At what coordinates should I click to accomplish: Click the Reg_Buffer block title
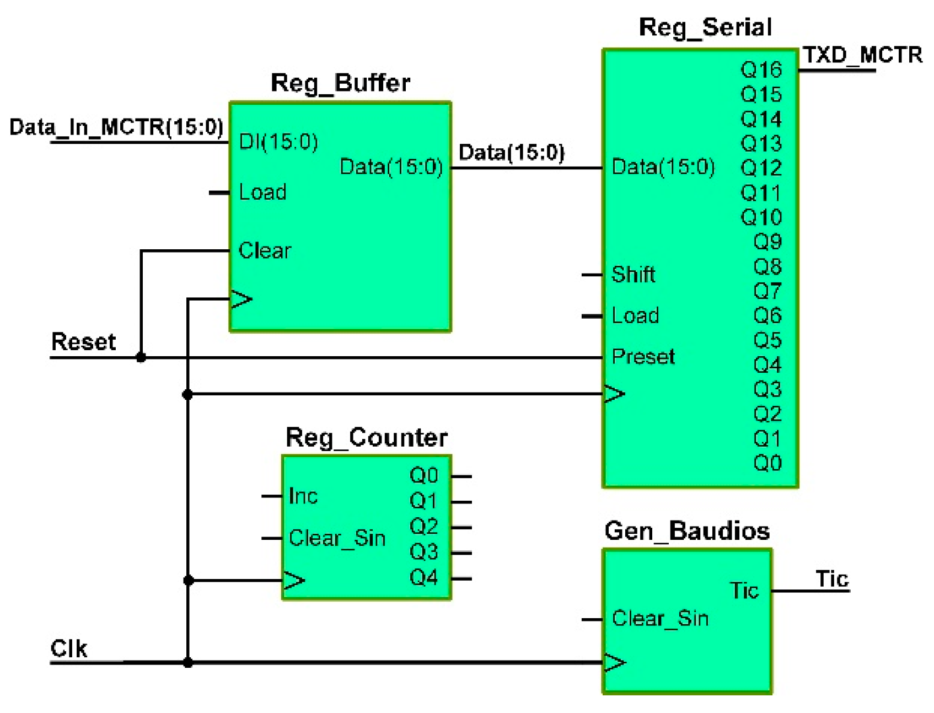340,83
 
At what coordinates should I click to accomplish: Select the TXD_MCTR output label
862,55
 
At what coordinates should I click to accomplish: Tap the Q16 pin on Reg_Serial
761,70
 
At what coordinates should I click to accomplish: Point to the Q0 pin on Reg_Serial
767,463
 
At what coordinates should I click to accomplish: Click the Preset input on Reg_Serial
643,357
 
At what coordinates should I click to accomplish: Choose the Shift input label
633,275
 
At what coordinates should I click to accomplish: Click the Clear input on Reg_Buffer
264,251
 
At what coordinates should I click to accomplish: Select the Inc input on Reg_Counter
303,496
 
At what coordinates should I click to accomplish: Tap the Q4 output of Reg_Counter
423,578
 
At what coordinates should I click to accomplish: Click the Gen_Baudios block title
686,531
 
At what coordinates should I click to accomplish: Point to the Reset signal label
83,342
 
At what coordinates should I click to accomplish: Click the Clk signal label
69,648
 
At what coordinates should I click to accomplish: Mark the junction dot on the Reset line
141,357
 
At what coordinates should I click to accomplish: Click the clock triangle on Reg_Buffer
240,299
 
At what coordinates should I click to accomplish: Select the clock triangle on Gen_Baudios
614,662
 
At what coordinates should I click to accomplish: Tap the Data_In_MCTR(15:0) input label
116,127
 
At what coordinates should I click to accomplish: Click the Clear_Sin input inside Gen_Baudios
660,619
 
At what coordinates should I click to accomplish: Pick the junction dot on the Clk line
188,662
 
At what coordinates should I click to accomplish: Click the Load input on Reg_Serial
635,316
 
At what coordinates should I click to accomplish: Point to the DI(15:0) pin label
278,142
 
